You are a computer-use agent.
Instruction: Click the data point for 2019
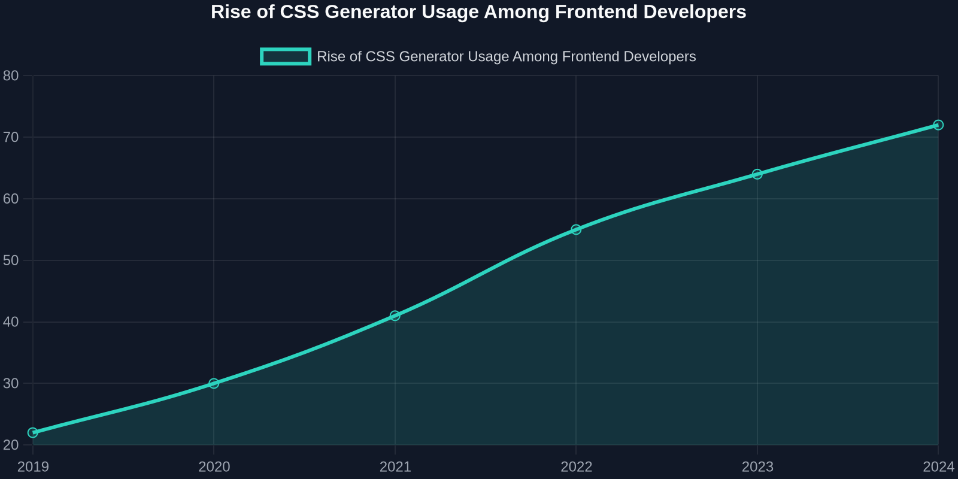point(33,433)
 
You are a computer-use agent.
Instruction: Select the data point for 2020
point(214,384)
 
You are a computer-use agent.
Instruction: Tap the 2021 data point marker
point(395,316)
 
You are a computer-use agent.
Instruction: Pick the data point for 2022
point(576,230)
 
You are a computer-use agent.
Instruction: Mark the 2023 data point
point(757,174)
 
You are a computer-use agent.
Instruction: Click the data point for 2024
point(938,125)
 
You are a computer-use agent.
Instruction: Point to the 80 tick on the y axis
point(11,75)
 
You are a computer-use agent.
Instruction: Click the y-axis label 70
point(11,137)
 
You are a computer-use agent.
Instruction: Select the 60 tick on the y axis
point(11,199)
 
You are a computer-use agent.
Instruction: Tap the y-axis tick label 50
point(11,260)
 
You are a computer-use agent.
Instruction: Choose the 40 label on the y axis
point(11,322)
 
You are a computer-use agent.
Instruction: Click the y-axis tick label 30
point(11,384)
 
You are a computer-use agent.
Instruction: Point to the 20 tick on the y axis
point(11,445)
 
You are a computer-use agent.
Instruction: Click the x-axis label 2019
point(33,466)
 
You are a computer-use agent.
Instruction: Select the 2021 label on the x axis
point(395,466)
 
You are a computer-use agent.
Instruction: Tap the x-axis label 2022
point(576,466)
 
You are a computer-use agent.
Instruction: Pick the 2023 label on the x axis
point(757,466)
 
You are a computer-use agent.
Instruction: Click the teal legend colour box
point(286,56)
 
